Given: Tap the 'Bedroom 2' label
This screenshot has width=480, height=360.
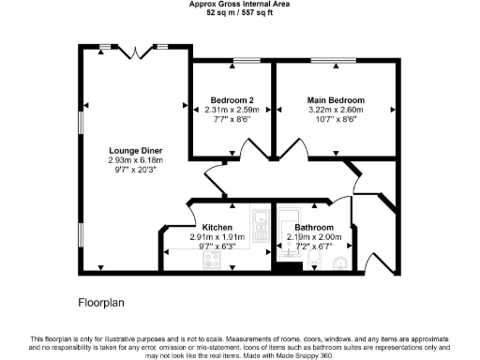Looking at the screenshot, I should click(x=232, y=99).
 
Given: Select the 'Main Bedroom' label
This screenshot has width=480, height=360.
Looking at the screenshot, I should click(x=336, y=99).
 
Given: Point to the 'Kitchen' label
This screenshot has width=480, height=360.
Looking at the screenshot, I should click(x=217, y=227).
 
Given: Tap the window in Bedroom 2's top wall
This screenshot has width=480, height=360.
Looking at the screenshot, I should click(x=246, y=61).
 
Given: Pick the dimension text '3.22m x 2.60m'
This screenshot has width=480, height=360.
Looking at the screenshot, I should click(x=336, y=110).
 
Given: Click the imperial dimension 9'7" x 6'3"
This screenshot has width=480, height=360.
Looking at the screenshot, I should click(x=217, y=247).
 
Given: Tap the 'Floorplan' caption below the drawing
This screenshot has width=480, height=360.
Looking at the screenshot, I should click(x=100, y=303).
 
